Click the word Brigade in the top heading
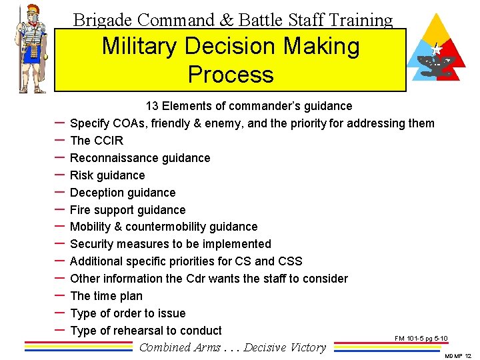[x=99, y=20]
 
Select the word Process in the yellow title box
[x=231, y=74]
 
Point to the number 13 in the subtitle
[x=152, y=106]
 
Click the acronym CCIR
[x=109, y=141]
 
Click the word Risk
[x=81, y=175]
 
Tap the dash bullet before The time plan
[x=58, y=295]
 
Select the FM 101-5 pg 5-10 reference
[x=421, y=339]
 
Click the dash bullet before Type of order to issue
[x=58, y=313]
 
